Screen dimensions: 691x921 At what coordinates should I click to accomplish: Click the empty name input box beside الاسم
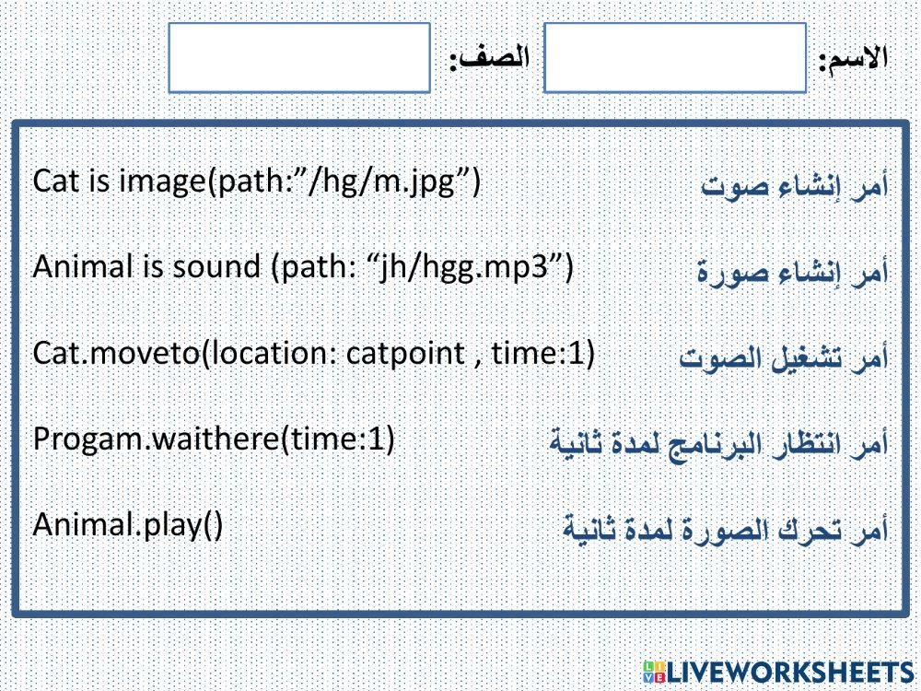(x=674, y=58)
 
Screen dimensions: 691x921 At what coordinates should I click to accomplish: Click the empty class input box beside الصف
(x=300, y=58)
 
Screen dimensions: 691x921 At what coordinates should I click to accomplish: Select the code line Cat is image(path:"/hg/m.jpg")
(x=256, y=182)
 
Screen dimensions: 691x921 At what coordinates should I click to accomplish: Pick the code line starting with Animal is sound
(x=303, y=267)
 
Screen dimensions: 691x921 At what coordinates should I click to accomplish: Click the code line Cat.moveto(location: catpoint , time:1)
(x=313, y=354)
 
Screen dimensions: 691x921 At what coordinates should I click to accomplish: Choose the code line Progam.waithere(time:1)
(x=214, y=439)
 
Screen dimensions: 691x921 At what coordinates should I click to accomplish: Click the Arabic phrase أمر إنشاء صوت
(x=795, y=186)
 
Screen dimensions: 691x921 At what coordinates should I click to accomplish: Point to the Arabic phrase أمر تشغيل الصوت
(x=784, y=357)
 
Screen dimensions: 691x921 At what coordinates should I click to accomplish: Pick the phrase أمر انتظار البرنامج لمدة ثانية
(x=718, y=443)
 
